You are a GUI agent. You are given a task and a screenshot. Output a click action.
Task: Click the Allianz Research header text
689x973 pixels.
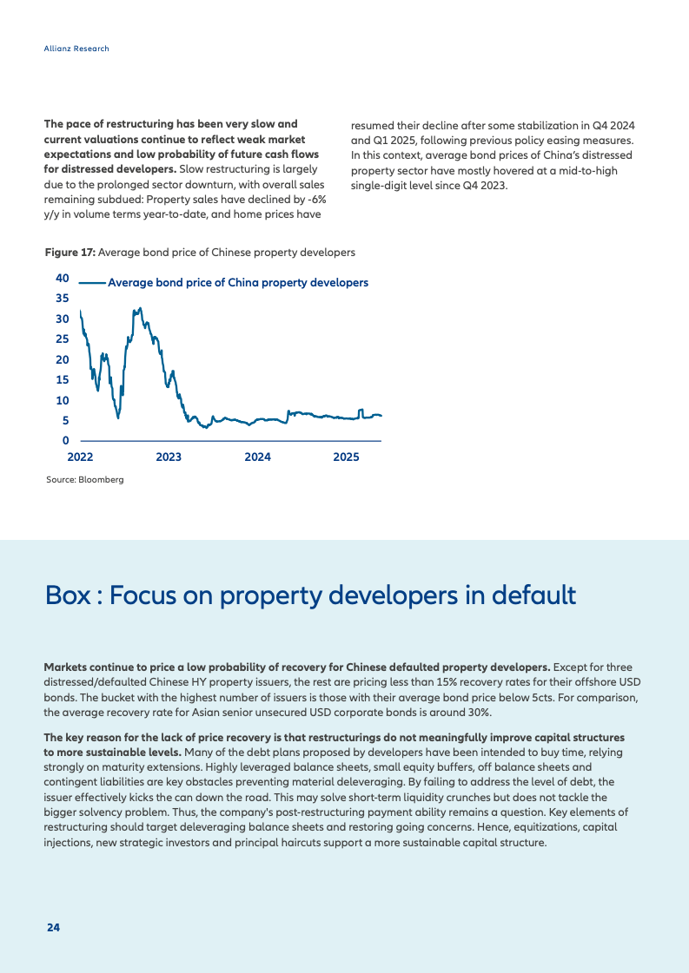(x=76, y=49)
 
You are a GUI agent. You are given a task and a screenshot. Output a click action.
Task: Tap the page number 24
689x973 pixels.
(x=53, y=928)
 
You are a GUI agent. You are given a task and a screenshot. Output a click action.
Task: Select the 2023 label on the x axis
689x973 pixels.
(x=169, y=457)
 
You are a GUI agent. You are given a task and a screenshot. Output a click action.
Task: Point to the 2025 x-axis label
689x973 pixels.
(x=346, y=457)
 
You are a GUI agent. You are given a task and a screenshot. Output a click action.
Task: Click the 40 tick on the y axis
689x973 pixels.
(x=63, y=278)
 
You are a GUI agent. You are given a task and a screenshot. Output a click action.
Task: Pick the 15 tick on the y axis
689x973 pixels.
(x=63, y=380)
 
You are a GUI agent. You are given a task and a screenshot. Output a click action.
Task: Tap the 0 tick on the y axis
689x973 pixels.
(x=66, y=441)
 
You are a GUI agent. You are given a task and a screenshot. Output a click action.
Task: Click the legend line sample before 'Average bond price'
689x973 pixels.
(x=92, y=283)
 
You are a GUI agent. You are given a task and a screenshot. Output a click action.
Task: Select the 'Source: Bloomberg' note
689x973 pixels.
(x=85, y=480)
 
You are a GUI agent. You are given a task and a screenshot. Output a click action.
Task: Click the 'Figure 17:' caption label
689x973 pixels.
(x=70, y=253)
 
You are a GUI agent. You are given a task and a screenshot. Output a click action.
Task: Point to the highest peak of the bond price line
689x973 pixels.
(x=141, y=308)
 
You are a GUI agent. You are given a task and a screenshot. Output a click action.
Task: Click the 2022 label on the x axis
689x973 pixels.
(x=80, y=457)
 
